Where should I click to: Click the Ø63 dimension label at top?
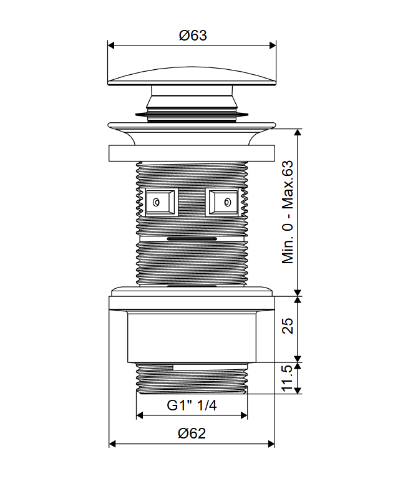pos(193,35)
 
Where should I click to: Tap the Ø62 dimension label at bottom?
pos(192,433)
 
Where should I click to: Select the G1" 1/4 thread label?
pos(192,405)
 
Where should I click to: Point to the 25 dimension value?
pos(288,326)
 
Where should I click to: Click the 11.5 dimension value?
pos(288,378)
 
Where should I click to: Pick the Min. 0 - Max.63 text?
pos(288,212)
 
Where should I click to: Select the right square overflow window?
pos(222,202)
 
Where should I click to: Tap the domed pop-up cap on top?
pos(192,76)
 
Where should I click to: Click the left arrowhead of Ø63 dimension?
pos(111,46)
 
